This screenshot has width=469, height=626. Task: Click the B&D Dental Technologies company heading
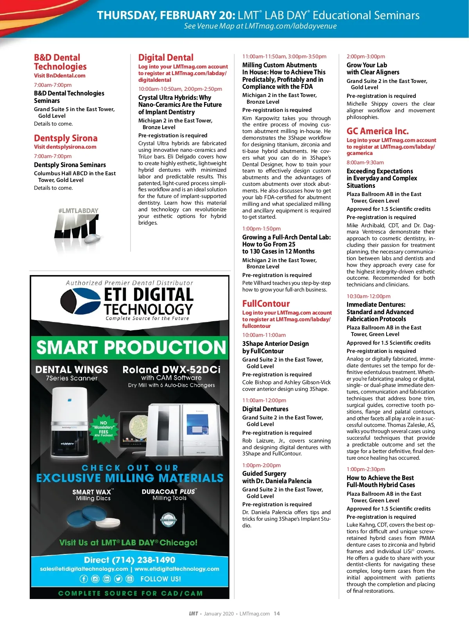click(x=60, y=62)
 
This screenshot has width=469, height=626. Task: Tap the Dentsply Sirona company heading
click(x=66, y=138)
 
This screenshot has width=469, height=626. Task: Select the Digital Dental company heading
click(x=166, y=58)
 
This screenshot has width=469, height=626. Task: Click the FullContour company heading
click(x=266, y=304)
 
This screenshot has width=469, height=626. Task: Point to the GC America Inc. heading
click(x=378, y=131)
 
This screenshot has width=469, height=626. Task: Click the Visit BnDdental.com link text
click(x=59, y=76)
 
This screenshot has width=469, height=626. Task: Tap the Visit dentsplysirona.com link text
click(x=65, y=147)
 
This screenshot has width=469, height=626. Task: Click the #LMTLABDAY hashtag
click(x=78, y=210)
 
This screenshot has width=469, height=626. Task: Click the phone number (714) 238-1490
click(x=129, y=560)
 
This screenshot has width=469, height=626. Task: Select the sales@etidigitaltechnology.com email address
click(x=84, y=569)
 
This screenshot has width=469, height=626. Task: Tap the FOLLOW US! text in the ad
click(x=161, y=579)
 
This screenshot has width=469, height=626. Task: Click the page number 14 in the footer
click(x=277, y=613)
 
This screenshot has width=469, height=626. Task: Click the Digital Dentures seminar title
click(x=265, y=409)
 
